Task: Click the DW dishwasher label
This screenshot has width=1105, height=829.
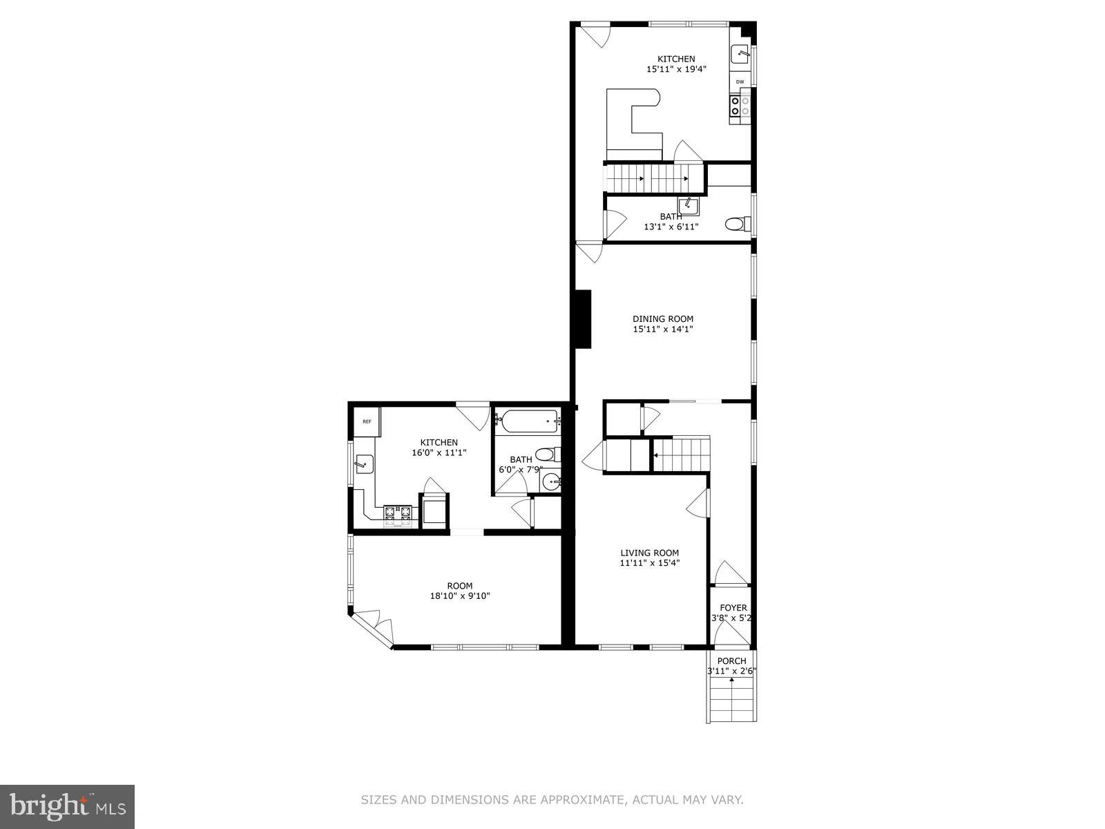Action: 740,82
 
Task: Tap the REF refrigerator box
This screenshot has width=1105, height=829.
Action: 367,421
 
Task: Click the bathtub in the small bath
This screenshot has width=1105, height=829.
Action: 529,421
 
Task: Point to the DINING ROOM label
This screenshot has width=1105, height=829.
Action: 663,319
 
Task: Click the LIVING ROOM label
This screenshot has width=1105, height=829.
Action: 649,553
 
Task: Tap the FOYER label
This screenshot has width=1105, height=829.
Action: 733,608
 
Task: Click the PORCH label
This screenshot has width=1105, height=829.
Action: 731,661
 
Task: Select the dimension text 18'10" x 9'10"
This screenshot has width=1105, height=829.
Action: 459,596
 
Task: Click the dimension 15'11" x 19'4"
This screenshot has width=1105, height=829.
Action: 676,69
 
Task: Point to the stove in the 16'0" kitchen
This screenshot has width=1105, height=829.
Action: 398,513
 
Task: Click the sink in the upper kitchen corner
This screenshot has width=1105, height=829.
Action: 741,53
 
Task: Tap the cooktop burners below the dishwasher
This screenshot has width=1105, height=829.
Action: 739,106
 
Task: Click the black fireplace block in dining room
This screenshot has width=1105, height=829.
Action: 584,318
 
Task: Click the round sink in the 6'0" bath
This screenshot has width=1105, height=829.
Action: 550,482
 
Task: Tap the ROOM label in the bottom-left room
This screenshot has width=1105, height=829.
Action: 459,586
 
